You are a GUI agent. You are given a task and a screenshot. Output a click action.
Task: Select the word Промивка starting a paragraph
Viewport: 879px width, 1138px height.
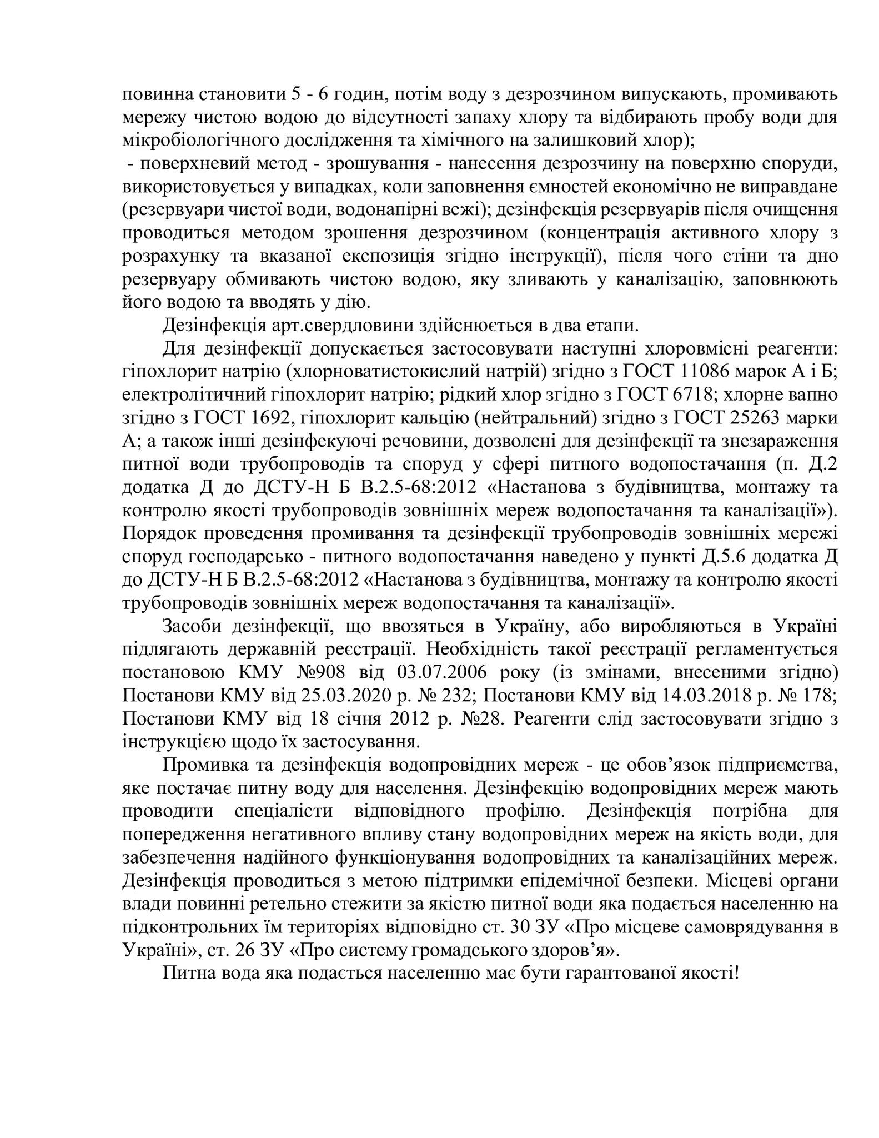coord(204,765)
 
